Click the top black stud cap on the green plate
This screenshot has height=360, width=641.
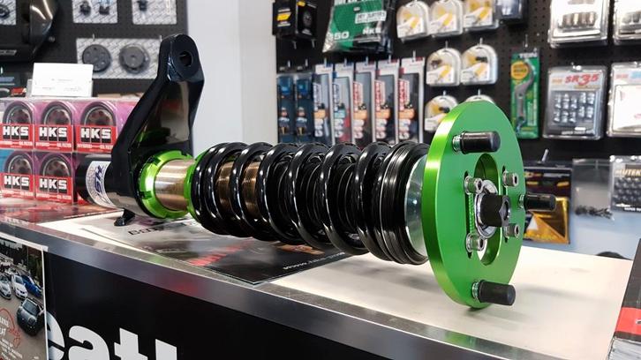(x=479, y=141)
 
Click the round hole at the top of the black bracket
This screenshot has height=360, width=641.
(x=185, y=59)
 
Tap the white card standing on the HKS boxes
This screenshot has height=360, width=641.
(x=61, y=80)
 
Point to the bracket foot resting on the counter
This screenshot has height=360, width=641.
(x=124, y=217)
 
